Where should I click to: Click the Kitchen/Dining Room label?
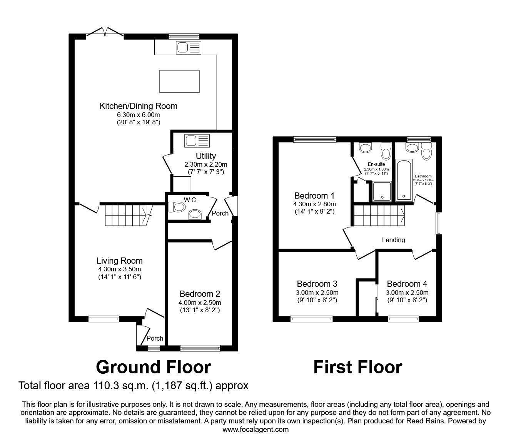(x=139, y=106)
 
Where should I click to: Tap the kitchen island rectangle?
(x=179, y=81)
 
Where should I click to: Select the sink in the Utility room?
(x=197, y=140)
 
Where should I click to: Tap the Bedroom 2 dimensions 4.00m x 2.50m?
(x=200, y=303)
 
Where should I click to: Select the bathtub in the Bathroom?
(x=404, y=180)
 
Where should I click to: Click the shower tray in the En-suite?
(x=382, y=191)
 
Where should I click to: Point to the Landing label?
(x=393, y=240)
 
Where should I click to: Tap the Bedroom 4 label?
(x=407, y=284)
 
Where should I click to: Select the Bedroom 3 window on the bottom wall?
(x=311, y=319)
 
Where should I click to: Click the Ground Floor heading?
(x=153, y=367)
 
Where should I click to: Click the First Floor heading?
(x=357, y=367)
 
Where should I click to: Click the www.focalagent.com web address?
(x=255, y=430)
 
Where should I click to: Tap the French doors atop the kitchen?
(x=105, y=33)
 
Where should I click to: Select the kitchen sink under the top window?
(x=189, y=48)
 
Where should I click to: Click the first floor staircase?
(x=379, y=216)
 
